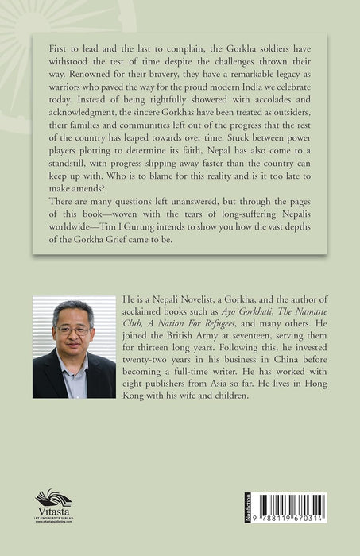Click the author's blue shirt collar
point(74,367)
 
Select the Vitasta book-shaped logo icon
point(53,498)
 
